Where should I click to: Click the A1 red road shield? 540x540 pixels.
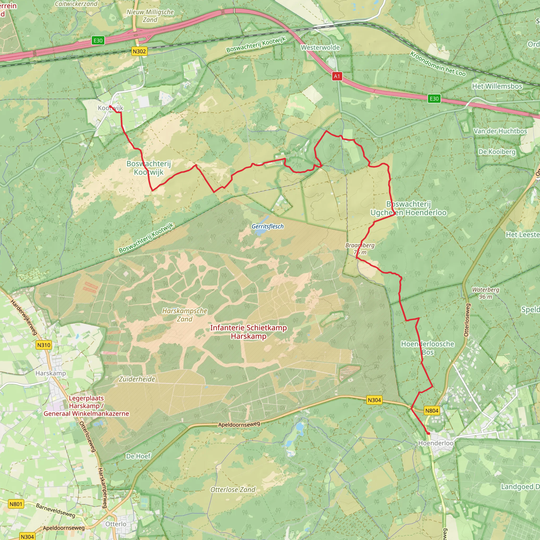pos(337,76)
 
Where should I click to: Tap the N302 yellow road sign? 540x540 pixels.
pos(139,51)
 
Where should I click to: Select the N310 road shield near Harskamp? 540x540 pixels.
pos(44,345)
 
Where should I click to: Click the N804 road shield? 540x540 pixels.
pos(432,411)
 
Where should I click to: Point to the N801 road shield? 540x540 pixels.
pos(16,504)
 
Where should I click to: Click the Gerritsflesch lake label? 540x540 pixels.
pos(267,226)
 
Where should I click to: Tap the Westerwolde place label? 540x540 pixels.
pos(320,47)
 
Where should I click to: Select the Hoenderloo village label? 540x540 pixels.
pos(436,443)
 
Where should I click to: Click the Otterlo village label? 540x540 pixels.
pos(116,524)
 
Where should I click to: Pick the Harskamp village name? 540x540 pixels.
pos(51,373)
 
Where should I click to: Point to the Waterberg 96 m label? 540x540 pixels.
pos(485,293)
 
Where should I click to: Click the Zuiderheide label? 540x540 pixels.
pos(137,379)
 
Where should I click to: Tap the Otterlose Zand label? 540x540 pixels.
pos(233,489)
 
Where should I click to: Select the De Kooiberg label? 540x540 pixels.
pos(497,152)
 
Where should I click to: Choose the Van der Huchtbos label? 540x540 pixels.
pos(500,131)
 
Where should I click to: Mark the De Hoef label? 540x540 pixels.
pos(138,456)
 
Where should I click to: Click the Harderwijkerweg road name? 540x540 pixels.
pos(24,317)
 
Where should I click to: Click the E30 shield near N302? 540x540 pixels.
pos(98,41)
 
